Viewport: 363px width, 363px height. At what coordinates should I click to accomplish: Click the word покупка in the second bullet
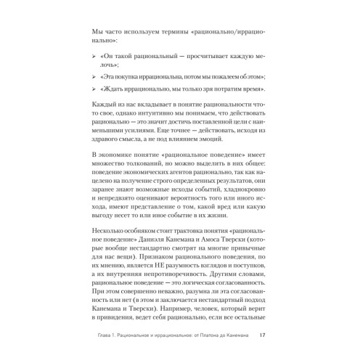pos(138,76)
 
